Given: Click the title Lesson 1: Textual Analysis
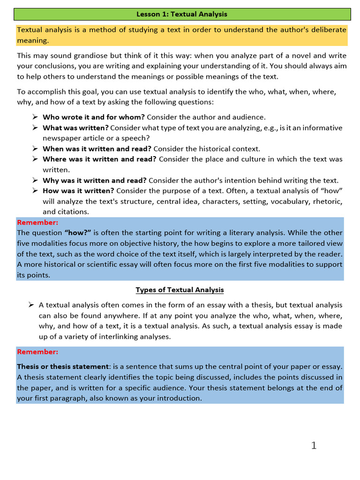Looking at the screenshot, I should tap(181, 14).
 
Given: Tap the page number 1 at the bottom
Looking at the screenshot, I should tap(314, 445).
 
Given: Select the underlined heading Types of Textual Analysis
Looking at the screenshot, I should tap(180, 290).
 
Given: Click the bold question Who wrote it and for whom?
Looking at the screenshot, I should tap(94, 117).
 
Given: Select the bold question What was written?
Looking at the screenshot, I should tap(75, 127).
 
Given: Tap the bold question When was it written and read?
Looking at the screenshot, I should tap(97, 149).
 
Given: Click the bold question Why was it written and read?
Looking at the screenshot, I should tap(95, 180).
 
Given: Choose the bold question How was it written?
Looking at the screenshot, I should tap(78, 190).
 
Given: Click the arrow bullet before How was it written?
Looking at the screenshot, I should tap(35, 190).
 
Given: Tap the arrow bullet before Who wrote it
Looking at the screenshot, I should tap(35, 117).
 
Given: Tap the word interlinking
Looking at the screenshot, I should tap(132, 336).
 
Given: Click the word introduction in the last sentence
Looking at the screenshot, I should tap(179, 398).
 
